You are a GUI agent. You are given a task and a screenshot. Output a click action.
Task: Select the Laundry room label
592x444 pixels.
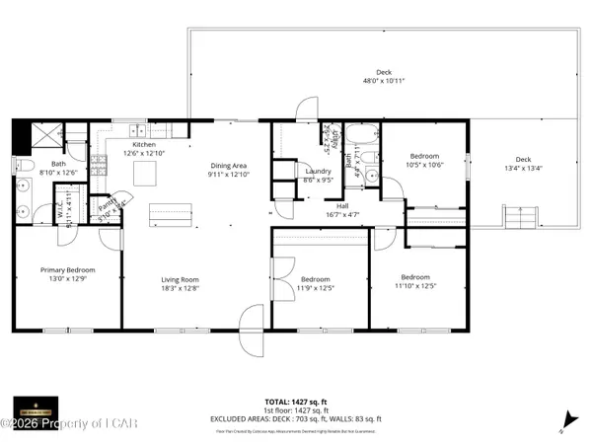pos(316,171)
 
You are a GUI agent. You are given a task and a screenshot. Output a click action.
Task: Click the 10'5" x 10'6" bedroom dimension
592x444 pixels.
pos(425,165)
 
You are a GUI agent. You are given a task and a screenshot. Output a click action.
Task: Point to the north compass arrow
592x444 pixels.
pos(565,417)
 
